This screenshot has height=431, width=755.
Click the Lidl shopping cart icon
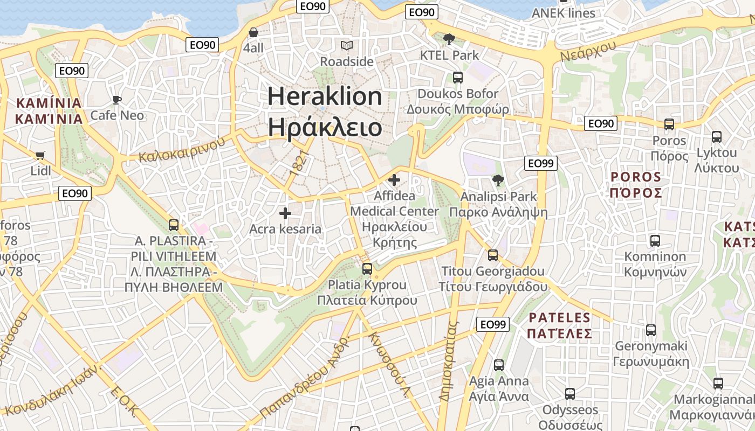40,155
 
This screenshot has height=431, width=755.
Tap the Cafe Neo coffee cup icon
116,100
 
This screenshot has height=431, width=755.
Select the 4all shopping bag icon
253,32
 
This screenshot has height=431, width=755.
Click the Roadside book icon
347,46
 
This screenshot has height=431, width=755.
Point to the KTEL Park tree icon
449,39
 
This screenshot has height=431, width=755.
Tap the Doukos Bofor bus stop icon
458,78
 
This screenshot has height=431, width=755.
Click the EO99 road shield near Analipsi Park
540,163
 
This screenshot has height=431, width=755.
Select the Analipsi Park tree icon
498,180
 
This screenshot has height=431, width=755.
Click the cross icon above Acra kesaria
285,213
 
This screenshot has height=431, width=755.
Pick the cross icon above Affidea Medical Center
395,179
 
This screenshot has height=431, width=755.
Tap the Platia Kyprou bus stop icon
367,268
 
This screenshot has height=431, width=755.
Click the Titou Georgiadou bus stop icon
493,255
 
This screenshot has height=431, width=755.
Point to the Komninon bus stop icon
655,241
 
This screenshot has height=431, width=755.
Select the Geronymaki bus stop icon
651,330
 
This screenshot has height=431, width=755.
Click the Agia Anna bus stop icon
499,365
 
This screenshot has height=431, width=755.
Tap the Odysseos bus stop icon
570,394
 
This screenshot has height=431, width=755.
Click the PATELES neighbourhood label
560,325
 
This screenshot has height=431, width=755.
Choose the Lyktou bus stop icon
717,137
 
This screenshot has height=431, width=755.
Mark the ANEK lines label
564,13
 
